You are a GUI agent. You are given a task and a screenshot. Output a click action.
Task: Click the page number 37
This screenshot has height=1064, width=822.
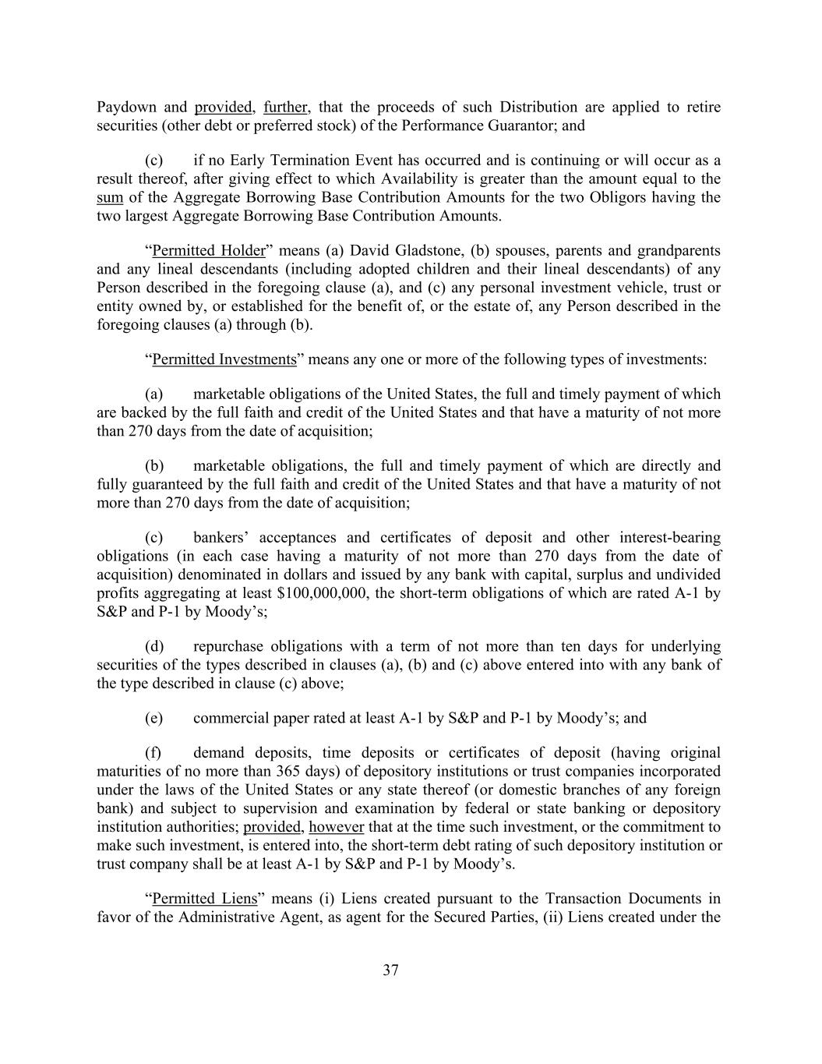pos(391,970)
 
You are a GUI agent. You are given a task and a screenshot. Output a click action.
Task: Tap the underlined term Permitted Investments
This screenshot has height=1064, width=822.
pos(224,359)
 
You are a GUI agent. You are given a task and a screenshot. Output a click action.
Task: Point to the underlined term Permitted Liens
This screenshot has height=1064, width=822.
pos(205,898)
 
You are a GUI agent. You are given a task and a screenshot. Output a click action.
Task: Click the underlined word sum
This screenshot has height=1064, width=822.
pos(110,197)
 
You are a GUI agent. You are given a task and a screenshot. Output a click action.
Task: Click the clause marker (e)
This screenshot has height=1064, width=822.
pos(153,718)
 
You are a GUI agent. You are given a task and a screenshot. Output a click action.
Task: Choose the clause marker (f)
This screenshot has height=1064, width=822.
pos(153,752)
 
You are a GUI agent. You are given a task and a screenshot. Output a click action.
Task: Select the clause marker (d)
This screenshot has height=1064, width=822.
pos(153,646)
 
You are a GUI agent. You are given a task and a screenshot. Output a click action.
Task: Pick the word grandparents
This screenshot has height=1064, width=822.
pos(679,250)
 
